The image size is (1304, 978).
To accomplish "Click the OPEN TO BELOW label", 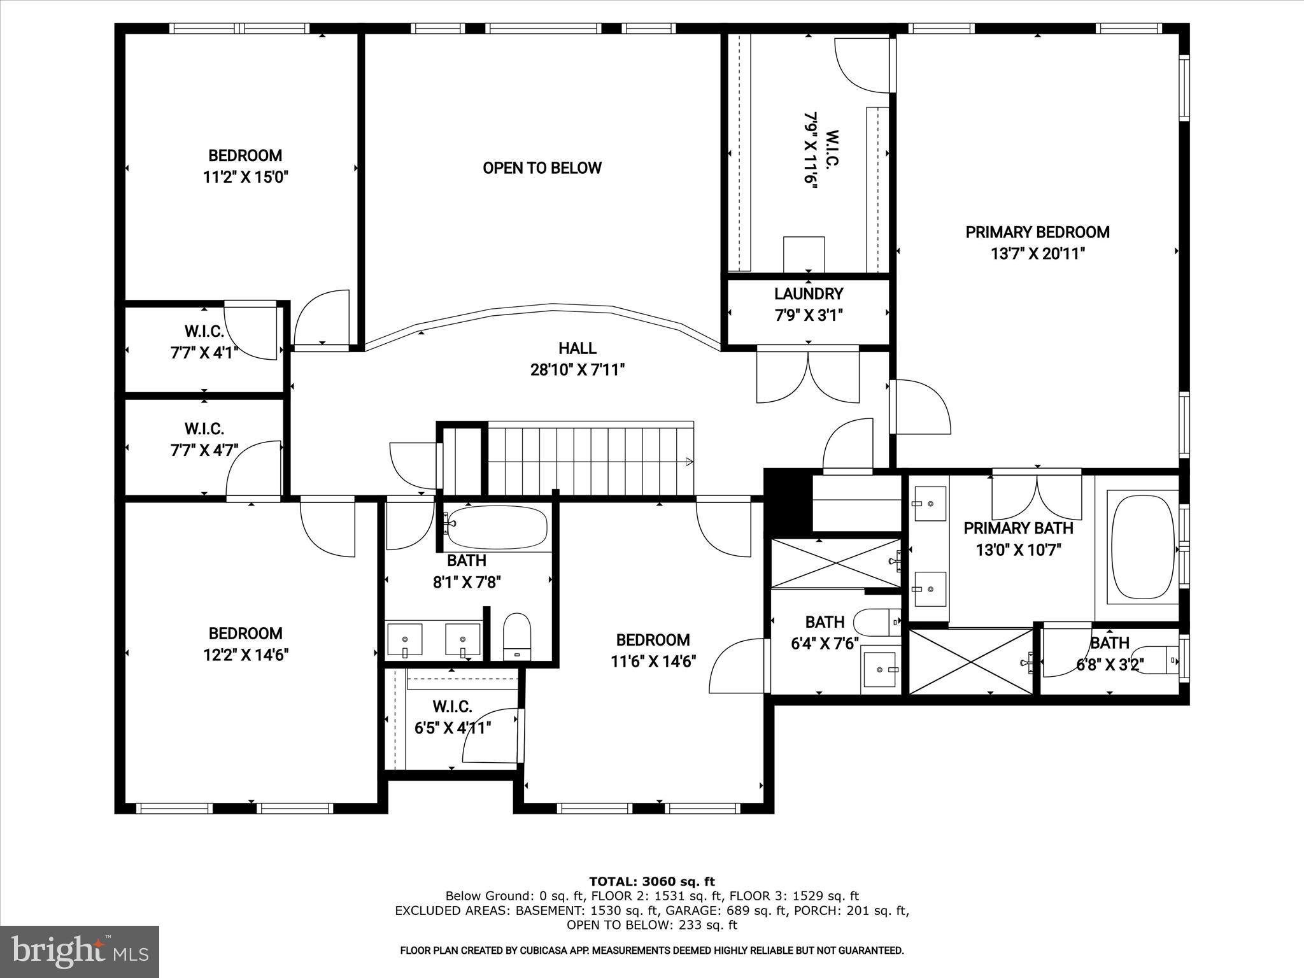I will coord(542,168).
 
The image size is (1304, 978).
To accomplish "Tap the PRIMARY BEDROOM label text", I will coord(1037,232).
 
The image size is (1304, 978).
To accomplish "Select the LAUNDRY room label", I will coord(809,294).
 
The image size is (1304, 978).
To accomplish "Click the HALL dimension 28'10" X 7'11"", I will coord(578,370).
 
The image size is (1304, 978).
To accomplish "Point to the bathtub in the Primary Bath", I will coord(1143,546).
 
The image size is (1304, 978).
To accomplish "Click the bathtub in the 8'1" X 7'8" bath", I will coord(495,527).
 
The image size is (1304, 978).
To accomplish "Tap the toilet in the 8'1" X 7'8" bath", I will coord(516,636).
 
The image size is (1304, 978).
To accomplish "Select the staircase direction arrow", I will coord(689,462).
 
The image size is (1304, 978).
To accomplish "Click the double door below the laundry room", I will coord(808,377).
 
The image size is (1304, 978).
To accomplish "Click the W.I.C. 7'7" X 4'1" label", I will coord(204,342).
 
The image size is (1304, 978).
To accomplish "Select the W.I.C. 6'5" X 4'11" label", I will coord(453,718).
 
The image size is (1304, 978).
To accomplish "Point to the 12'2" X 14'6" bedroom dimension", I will coord(246,655).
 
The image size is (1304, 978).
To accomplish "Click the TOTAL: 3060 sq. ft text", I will coord(651,882).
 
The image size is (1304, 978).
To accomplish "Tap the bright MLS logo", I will coord(80,952).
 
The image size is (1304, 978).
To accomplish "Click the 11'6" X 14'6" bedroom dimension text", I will coord(653,662).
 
